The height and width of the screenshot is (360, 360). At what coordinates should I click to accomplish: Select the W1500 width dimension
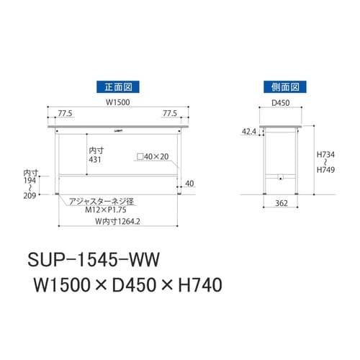click(x=117, y=102)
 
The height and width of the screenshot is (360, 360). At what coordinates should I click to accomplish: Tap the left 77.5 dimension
click(x=66, y=114)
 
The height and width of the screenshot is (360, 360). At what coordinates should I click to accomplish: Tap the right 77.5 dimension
click(x=170, y=114)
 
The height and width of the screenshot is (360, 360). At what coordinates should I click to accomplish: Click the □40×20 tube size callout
click(x=152, y=156)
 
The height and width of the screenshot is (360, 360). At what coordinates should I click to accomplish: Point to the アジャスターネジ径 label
click(x=96, y=201)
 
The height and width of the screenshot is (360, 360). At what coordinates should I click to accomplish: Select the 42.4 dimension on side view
click(x=249, y=132)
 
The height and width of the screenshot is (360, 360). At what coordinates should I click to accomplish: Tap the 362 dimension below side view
click(x=282, y=204)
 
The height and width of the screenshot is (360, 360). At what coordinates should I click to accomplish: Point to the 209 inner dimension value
click(x=30, y=195)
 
